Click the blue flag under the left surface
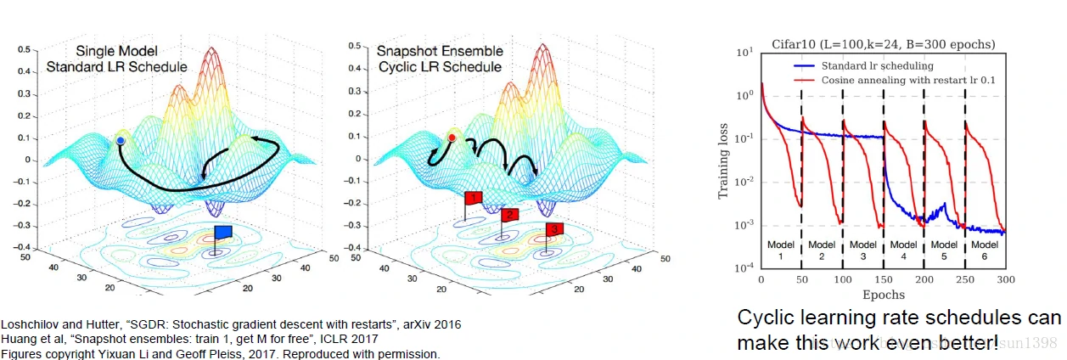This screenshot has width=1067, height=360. [223, 232]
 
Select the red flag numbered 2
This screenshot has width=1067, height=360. [509, 215]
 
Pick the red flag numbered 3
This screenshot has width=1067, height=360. [553, 229]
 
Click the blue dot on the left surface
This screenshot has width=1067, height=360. [121, 139]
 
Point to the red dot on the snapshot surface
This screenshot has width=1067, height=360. [452, 137]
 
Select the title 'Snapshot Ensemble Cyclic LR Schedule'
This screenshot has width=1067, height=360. [440, 59]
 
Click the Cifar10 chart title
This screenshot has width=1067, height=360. [883, 44]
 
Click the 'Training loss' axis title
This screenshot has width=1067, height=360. [724, 160]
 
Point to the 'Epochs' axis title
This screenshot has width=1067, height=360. [883, 295]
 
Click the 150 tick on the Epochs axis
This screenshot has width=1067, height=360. [884, 279]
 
